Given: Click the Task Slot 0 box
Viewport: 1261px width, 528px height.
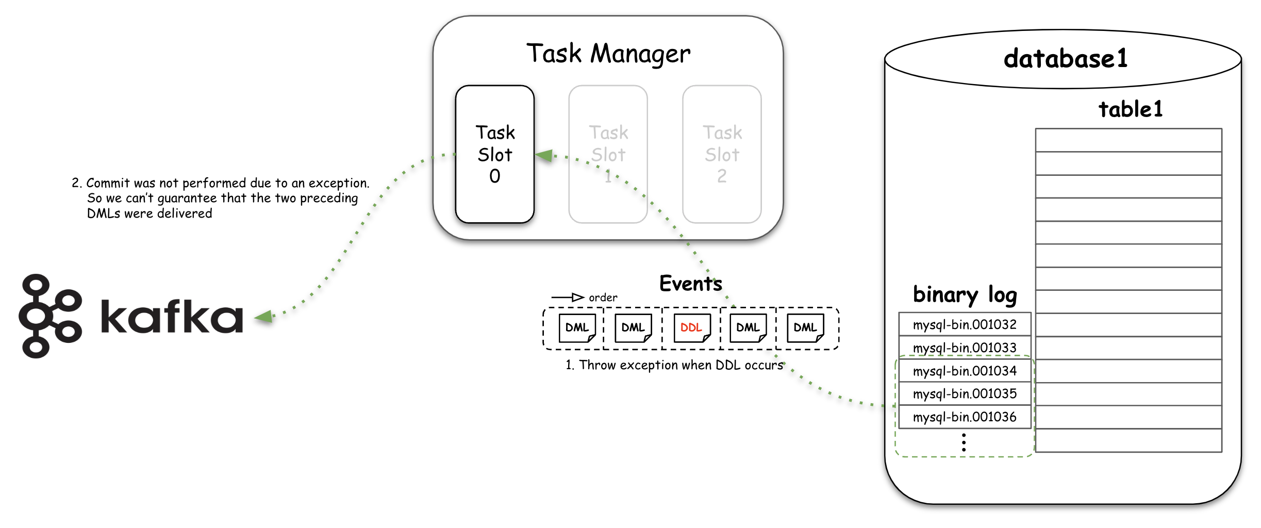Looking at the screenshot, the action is point(494,154).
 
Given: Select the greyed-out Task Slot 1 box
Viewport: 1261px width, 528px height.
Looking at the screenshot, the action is point(608,154).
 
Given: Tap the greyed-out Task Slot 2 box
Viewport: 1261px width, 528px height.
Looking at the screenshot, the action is point(722,154).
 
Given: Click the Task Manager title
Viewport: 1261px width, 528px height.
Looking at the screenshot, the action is point(608,54).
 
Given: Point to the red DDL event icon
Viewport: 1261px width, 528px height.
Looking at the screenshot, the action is point(692,328).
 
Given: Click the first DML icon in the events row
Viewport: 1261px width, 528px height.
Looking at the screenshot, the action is point(577,328).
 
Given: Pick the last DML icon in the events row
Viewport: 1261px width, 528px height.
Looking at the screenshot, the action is point(805,328).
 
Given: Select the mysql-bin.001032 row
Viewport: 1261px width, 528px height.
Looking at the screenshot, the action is point(965,324).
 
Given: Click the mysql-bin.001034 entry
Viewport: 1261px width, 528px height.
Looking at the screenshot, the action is point(965,371).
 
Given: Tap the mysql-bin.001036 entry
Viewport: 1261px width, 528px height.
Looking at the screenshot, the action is point(965,417).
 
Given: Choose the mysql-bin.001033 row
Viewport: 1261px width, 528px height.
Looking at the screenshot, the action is point(965,348).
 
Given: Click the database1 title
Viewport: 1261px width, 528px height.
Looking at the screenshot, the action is point(1065,58).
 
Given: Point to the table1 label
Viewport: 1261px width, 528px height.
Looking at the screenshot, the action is point(1131,109).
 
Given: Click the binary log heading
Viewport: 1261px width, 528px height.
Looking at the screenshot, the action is point(965,295).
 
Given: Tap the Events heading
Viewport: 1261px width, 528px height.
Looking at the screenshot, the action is point(691,284).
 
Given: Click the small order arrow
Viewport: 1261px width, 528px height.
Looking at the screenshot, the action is point(568,298).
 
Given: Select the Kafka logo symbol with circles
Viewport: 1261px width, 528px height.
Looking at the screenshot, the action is point(50,316).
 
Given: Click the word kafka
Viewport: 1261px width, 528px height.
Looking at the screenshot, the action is point(172,316).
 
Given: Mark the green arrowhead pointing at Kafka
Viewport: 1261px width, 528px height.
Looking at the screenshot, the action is point(264,317).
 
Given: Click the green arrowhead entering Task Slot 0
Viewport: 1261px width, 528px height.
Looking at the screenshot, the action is point(544,155).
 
